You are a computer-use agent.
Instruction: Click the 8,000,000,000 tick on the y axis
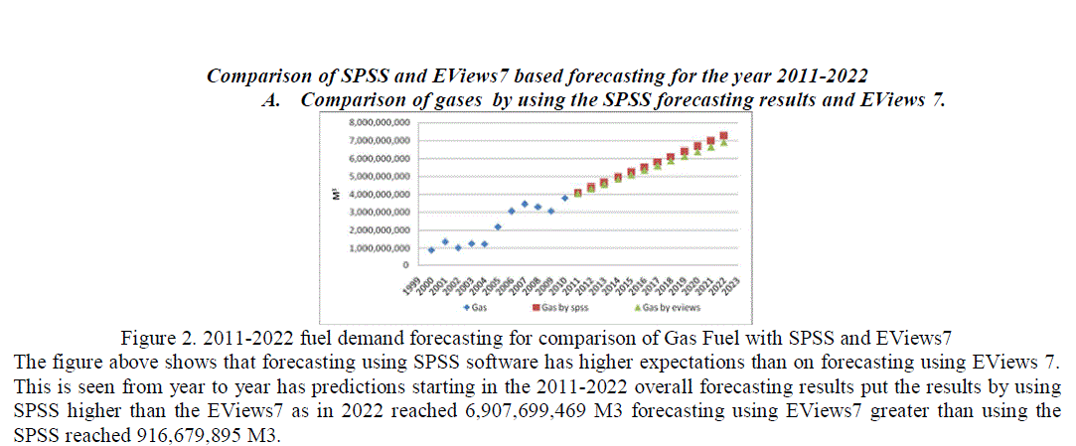[x=375, y=121]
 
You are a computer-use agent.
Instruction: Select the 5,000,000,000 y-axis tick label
[x=375, y=176]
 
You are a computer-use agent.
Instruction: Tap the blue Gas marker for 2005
[x=498, y=226]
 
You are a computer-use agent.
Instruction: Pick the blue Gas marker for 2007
[x=525, y=204]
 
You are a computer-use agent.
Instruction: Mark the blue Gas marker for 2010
[x=564, y=198]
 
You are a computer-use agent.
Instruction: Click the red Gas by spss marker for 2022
[x=724, y=136]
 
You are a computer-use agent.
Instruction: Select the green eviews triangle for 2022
[x=724, y=142]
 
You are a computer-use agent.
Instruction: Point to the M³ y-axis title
[x=338, y=194]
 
